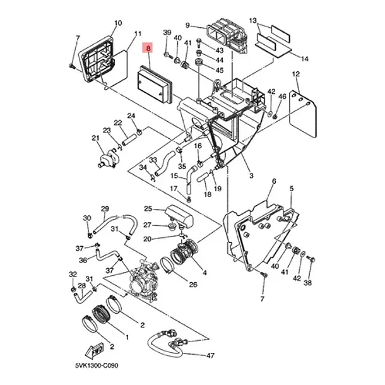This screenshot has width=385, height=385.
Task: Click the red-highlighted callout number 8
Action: (148, 49)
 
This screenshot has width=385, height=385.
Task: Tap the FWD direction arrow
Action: (94, 350)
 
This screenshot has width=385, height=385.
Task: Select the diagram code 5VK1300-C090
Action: (97, 365)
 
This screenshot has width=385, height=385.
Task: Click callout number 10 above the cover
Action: (118, 23)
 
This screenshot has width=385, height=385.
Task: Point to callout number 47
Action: (210, 355)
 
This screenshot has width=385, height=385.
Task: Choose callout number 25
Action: (148, 209)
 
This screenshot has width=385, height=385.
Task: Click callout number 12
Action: (296, 74)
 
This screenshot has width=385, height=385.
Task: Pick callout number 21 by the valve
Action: (95, 138)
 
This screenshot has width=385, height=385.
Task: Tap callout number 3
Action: (251, 175)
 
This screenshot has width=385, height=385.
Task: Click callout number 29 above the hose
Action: (105, 209)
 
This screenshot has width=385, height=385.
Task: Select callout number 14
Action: (304, 59)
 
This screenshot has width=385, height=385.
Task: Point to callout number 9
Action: (187, 25)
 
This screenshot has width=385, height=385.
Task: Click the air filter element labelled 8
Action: (155, 85)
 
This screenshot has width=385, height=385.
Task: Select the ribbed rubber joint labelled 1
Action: (100, 314)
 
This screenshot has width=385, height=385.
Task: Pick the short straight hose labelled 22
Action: (130, 139)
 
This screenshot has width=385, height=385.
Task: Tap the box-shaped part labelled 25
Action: (179, 216)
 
